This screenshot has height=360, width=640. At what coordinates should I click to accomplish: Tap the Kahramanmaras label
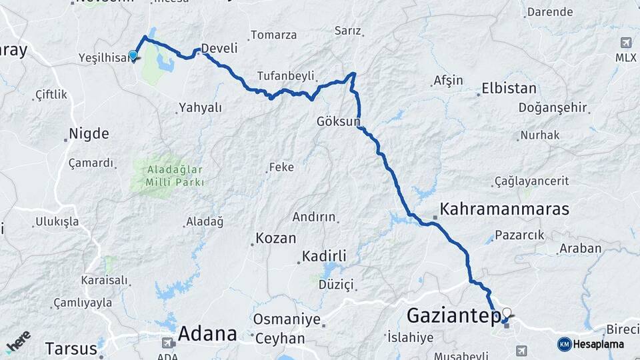[x=505, y=209]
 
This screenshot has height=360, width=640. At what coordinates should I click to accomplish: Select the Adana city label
[x=207, y=333]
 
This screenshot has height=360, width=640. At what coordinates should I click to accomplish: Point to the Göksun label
[x=338, y=122]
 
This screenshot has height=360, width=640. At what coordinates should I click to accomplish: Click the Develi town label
[x=219, y=49]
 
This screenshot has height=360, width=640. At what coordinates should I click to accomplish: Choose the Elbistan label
[x=509, y=89]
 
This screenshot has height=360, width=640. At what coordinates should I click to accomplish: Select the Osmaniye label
[x=287, y=319]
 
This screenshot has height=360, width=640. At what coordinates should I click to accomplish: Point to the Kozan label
[x=276, y=238]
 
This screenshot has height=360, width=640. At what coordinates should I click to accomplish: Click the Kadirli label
[x=324, y=257]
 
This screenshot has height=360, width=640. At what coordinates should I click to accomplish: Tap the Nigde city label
[x=89, y=133]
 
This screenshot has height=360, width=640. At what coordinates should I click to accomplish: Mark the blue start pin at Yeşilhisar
[x=133, y=55]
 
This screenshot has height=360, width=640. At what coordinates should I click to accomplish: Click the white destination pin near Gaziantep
[x=507, y=313]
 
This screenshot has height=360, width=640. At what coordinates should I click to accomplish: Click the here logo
[x=18, y=341]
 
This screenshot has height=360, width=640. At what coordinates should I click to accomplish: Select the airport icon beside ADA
[x=168, y=343]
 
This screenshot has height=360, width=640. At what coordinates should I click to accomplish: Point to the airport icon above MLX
[x=625, y=42]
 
